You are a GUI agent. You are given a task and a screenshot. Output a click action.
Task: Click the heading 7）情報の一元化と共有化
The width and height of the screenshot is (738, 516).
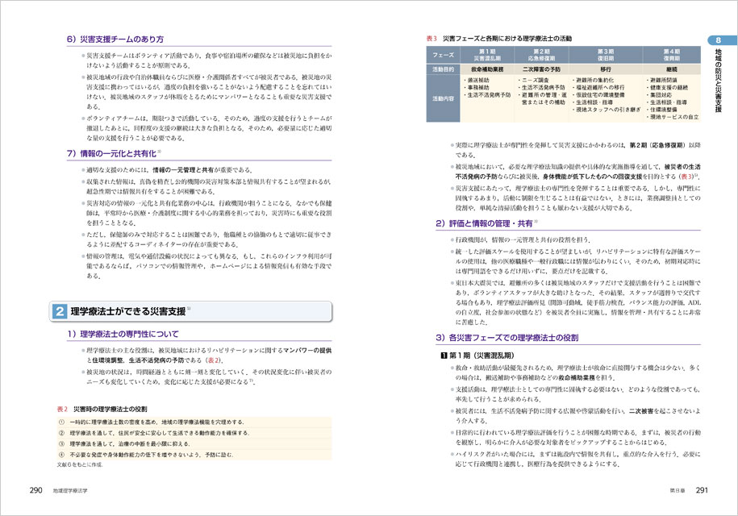(x=112, y=152)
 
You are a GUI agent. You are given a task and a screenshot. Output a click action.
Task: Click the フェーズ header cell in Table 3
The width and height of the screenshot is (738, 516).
(x=443, y=54)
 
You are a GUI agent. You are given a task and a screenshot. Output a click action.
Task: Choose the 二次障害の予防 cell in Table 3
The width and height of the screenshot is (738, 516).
(x=548, y=69)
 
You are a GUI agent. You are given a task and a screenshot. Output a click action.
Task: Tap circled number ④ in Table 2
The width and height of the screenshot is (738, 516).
(x=63, y=455)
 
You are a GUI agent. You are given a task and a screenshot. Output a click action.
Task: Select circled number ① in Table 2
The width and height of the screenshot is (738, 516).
(x=63, y=422)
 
